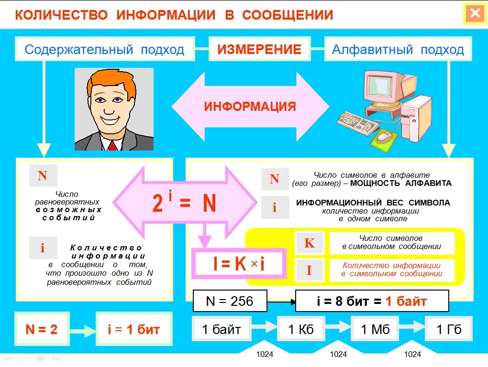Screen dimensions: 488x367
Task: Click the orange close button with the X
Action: click(x=475, y=14)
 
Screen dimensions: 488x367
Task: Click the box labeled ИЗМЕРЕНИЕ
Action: click(x=259, y=50)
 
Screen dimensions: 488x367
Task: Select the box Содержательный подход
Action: click(x=105, y=50)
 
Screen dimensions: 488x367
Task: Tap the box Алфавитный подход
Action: click(x=398, y=50)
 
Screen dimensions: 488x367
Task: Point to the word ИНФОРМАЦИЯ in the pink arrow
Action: click(x=250, y=106)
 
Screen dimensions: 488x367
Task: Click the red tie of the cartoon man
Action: click(x=112, y=145)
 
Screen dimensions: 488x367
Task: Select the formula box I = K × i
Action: click(x=239, y=264)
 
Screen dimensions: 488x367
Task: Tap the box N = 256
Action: click(x=229, y=301)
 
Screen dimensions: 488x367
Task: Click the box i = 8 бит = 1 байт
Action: click(x=372, y=301)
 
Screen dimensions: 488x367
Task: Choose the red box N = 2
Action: click(x=42, y=329)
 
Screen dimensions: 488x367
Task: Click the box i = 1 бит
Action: click(x=133, y=329)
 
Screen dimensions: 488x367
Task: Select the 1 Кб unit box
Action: click(x=301, y=329)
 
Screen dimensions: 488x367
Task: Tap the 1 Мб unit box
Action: click(x=375, y=329)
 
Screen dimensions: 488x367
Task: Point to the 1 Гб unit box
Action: click(x=449, y=329)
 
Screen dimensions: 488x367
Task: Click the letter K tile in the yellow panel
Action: click(x=310, y=243)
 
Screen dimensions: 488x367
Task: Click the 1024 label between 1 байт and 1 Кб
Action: click(x=264, y=354)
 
